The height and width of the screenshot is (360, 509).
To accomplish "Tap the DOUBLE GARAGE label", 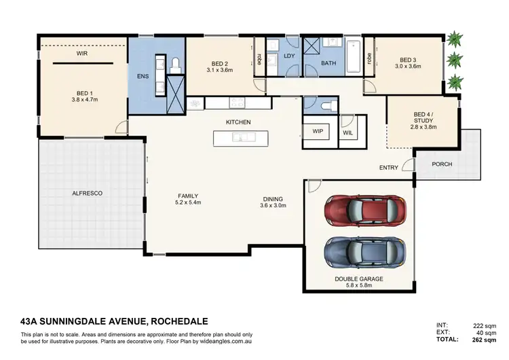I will pyautogui.click(x=358, y=279).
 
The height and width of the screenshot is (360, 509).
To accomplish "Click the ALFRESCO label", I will pyautogui.click(x=87, y=194).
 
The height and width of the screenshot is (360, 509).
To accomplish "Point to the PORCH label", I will pyautogui.click(x=441, y=164).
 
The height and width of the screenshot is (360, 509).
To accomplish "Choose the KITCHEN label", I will pyautogui.click(x=238, y=122).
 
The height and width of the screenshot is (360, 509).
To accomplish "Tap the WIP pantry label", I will pyautogui.click(x=318, y=130).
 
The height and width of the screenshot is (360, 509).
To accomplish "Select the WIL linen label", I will pyautogui.click(x=348, y=133).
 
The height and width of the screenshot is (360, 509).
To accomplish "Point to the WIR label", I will pyautogui.click(x=81, y=52).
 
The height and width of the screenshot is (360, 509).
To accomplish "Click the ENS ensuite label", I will pyautogui.click(x=143, y=77).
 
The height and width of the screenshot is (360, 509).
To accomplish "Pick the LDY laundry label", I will pyautogui.click(x=288, y=56).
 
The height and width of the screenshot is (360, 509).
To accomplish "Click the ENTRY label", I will pyautogui.click(x=389, y=167).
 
